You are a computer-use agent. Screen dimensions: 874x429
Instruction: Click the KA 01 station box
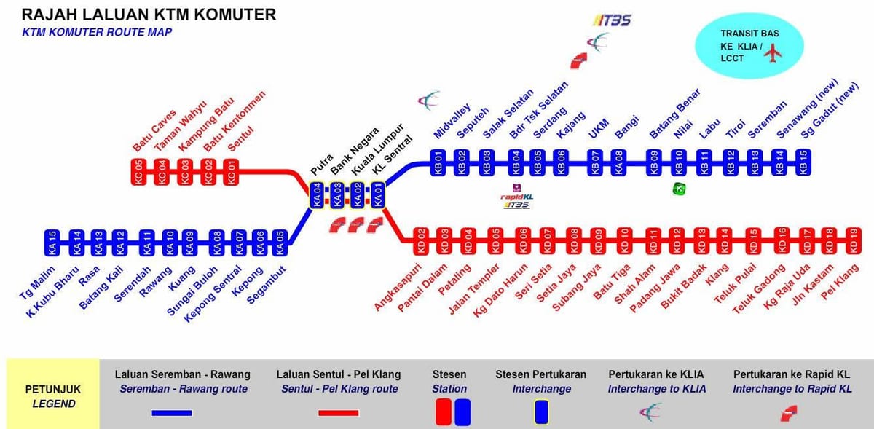coord(378,195)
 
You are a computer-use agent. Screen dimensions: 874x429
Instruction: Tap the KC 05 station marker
coord(138,172)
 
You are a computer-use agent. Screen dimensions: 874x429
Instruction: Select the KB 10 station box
coord(679,162)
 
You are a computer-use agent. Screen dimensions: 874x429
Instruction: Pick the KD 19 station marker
coord(854,241)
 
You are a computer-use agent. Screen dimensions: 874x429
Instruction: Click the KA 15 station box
coord(52,243)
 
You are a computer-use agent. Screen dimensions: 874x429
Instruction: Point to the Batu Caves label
coord(154,131)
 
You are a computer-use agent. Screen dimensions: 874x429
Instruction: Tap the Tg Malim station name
coord(37,283)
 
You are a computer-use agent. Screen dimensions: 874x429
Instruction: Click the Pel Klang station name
coord(840,282)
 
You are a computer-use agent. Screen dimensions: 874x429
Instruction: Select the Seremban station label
coord(767,119)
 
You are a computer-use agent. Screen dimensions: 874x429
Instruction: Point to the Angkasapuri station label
coord(398,287)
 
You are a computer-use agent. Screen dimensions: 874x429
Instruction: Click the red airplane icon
coord(773,53)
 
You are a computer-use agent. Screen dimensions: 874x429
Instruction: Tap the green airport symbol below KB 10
coord(680,189)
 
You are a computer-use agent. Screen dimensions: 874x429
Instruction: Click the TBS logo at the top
coord(612,20)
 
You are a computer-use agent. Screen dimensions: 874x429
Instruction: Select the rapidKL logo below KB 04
coord(516,197)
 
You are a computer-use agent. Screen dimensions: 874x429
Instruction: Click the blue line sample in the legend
coord(172,412)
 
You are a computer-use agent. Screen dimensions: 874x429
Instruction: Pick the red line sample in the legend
coord(338,412)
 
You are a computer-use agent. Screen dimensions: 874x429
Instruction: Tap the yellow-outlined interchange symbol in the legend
coord(542,412)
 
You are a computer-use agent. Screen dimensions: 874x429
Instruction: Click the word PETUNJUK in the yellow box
coord(53,389)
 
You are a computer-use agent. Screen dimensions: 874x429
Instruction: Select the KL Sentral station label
coord(392,155)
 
